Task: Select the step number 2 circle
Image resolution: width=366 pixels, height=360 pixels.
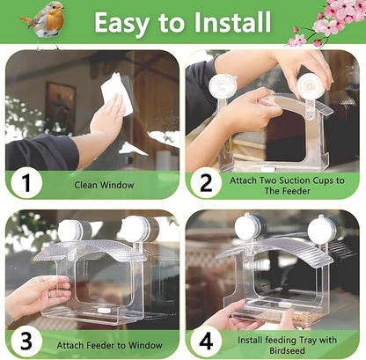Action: [x=205, y=185]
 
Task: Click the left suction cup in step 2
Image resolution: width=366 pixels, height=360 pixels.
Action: [x=223, y=88]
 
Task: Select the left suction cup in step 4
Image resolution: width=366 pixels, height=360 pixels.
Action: [x=247, y=227]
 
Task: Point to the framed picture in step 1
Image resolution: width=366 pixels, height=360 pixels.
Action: [x=61, y=104]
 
